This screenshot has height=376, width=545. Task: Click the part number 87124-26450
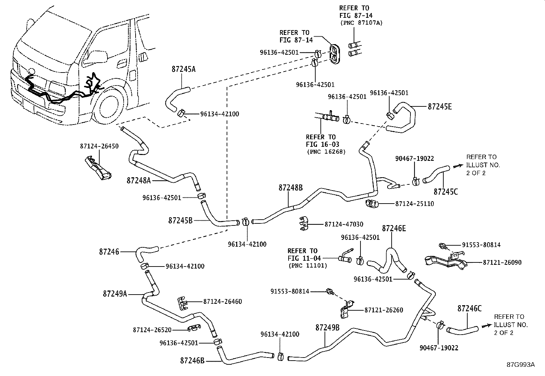point(99,146)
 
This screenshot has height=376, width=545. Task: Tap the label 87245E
point(440,107)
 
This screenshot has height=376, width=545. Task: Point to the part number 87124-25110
point(414,204)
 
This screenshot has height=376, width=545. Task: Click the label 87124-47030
point(344,224)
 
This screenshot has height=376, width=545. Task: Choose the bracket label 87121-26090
point(502,263)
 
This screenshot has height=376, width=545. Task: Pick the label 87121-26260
point(384,310)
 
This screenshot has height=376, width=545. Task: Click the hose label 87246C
point(469,309)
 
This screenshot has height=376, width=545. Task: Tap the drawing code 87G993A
point(521,365)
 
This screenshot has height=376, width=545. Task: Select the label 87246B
point(192,361)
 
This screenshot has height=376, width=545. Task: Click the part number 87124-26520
point(152,330)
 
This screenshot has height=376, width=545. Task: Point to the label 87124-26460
point(223,302)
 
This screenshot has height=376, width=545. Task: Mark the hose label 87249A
point(115,294)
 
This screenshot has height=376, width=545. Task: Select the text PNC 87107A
point(362,23)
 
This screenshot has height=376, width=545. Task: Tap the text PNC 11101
point(307,265)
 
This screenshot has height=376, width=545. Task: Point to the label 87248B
point(290,188)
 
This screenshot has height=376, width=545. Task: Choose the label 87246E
point(394,229)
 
